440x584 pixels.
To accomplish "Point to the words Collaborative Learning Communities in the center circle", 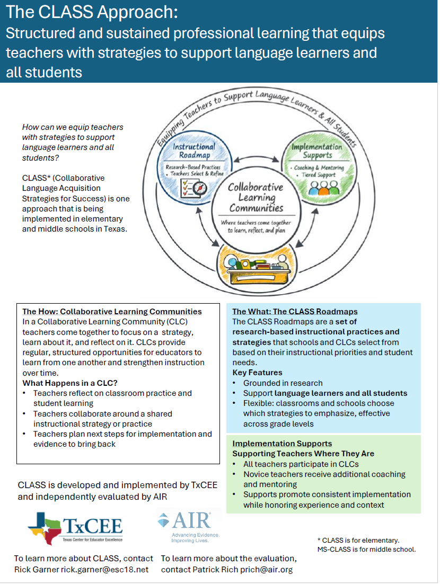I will pos(256,198).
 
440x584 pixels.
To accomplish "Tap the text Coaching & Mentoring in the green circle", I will pos(318,167).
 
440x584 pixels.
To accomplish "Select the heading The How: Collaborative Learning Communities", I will pos(112,312).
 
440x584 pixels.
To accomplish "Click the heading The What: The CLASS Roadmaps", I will pos(295,312).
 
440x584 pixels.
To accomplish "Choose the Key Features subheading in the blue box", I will pos(257,373).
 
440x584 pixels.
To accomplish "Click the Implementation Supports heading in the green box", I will pos(282,444).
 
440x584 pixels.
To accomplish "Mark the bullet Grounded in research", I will pos(283,383).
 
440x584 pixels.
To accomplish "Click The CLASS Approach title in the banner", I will pos(93,12).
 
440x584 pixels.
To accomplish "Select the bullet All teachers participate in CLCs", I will pos(301,464).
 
